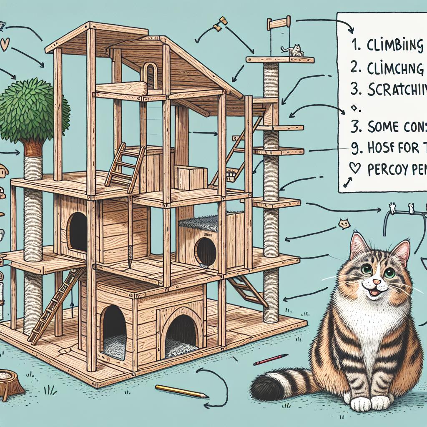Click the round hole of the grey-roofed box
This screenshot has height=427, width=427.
coord(205,251)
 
